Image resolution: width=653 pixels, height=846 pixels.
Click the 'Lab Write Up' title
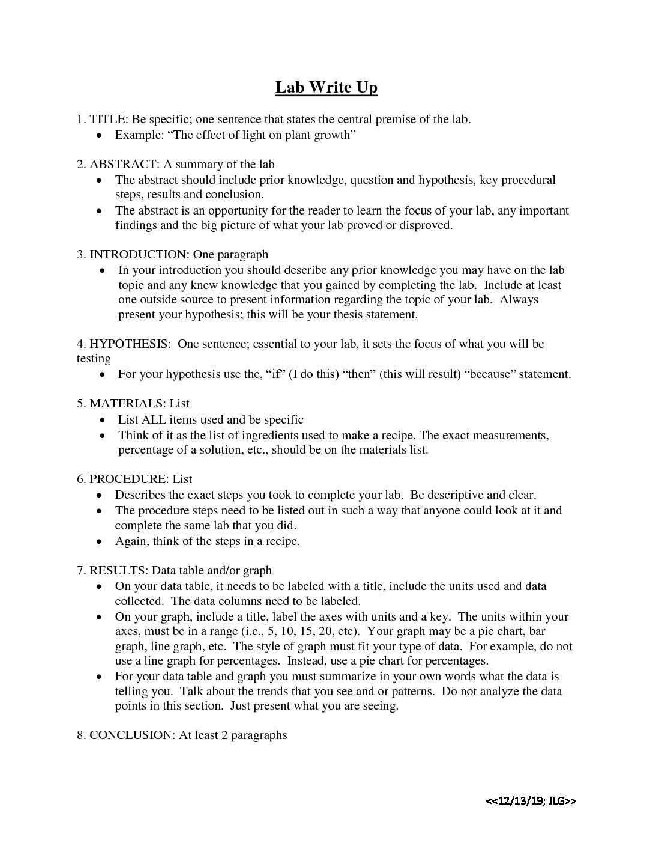pos(326,88)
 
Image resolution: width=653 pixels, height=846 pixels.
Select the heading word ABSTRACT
pos(124,164)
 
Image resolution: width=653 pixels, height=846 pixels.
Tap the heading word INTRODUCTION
pos(138,254)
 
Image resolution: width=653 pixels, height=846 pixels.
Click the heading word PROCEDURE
pos(128,479)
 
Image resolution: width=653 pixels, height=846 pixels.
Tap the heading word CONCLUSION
pos(131,735)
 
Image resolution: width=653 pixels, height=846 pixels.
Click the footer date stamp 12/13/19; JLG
pos(531,800)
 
